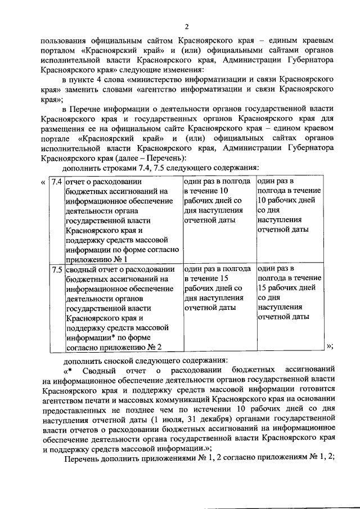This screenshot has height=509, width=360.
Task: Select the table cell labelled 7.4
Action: (x=56, y=182)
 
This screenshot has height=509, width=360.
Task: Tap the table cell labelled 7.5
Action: (x=56, y=269)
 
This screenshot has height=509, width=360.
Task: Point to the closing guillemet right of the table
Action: (x=330, y=346)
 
